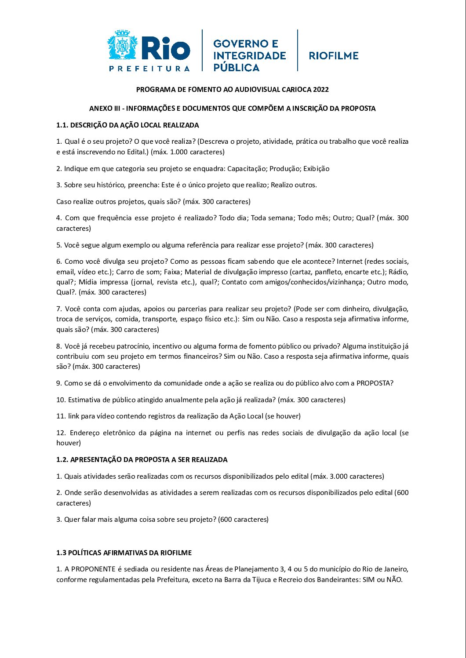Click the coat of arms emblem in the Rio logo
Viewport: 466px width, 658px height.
pyautogui.click(x=123, y=45)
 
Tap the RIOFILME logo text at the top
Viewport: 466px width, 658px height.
pyautogui.click(x=334, y=56)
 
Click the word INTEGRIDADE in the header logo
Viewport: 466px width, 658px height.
pyautogui.click(x=249, y=56)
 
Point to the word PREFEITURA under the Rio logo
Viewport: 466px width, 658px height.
pyautogui.click(x=149, y=69)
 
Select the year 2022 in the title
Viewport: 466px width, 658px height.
pyautogui.click(x=321, y=90)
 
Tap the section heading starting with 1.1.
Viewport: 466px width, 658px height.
pyautogui.click(x=127, y=125)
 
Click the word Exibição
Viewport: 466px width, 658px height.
pyautogui.click(x=316, y=169)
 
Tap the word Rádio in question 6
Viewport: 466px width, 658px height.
pyautogui.click(x=398, y=272)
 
